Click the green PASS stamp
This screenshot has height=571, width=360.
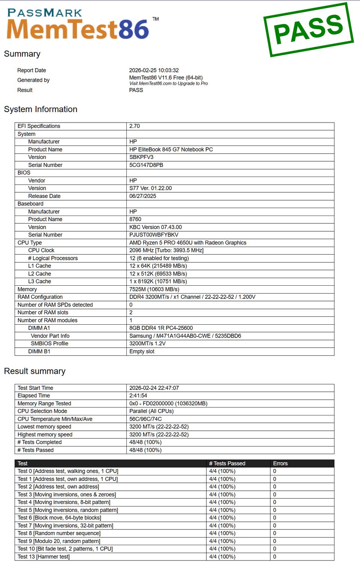tap(308, 30)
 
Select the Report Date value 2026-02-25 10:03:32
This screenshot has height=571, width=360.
tap(154, 70)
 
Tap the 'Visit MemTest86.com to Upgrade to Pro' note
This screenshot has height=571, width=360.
tap(168, 84)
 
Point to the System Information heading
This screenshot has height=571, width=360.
tap(40, 109)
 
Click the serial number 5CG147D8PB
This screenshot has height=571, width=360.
tap(146, 165)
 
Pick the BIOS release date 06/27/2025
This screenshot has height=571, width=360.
tap(142, 196)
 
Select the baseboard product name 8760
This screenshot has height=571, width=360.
tap(135, 219)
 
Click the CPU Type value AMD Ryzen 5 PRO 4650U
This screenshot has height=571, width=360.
tap(187, 243)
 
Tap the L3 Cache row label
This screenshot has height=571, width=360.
tap(39, 282)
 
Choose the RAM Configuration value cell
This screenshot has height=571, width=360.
tap(192, 297)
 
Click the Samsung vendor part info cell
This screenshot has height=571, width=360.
tap(185, 336)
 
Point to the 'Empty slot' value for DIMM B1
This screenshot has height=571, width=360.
tap(142, 351)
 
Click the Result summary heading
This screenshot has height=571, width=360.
tap(34, 371)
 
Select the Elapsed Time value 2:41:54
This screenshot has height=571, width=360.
tap(138, 396)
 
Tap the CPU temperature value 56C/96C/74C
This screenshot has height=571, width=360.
tap(145, 419)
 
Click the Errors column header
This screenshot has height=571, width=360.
tap(280, 463)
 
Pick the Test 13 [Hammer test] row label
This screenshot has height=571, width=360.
tap(43, 557)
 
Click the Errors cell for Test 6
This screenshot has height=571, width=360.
tap(274, 518)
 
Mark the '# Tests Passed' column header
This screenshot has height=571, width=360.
tap(227, 463)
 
